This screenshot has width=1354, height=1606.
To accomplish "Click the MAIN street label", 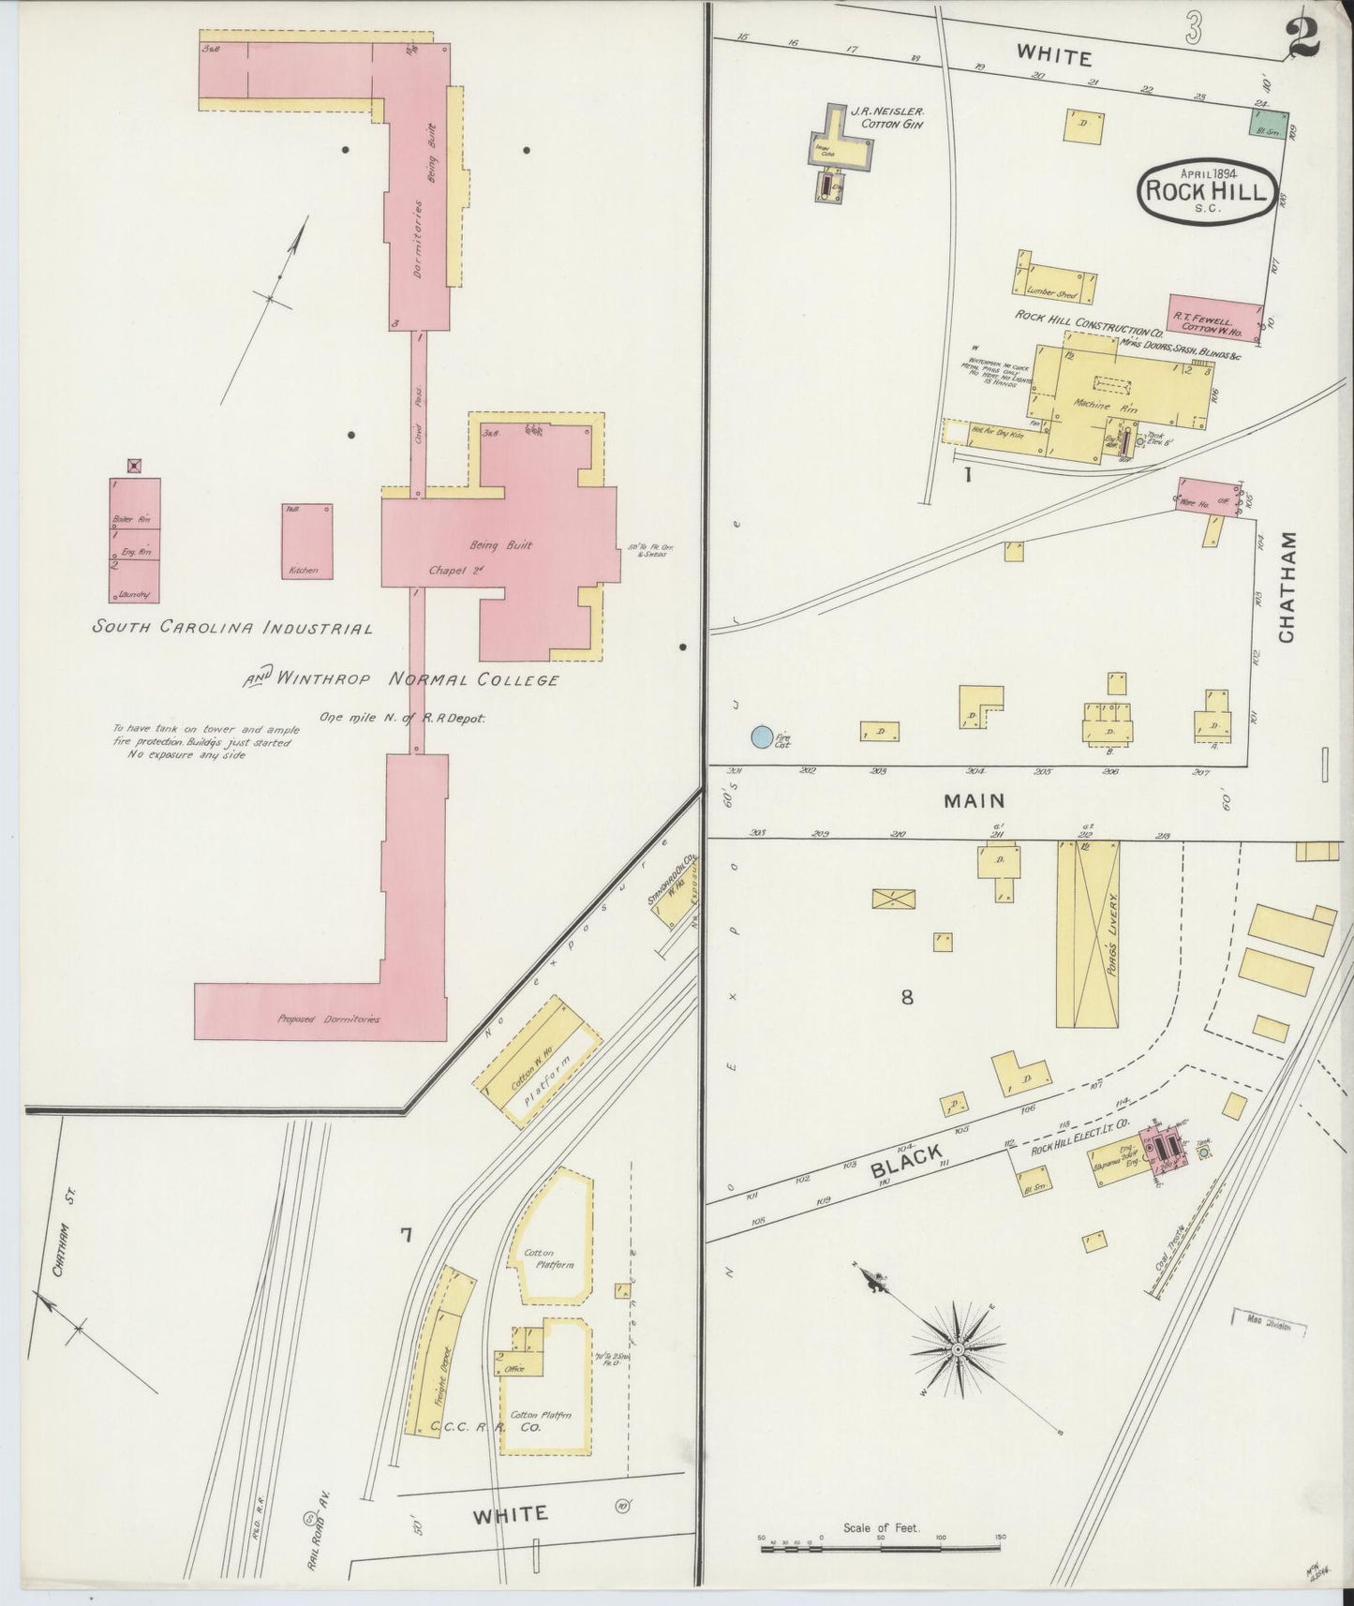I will tap(974, 801).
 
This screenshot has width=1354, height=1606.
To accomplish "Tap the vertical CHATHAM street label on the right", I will tap(1286, 587).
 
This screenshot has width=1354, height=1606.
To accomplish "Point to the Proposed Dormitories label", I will tap(328, 1019).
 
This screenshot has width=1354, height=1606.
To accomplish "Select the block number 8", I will tap(906, 998).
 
